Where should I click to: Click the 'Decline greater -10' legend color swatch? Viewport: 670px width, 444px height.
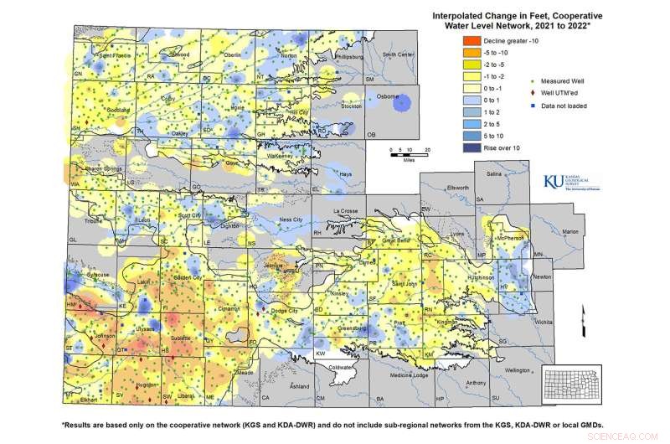point(471,41)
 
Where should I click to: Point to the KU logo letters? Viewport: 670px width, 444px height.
point(554,181)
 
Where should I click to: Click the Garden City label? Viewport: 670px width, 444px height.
point(188,276)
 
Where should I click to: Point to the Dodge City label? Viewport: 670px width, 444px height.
point(287,311)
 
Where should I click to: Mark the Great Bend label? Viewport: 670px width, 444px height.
point(394,240)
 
